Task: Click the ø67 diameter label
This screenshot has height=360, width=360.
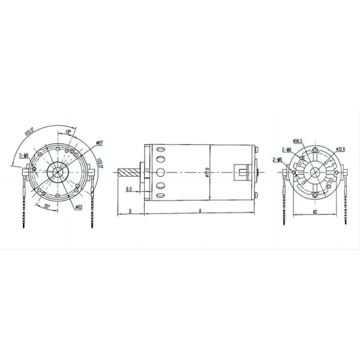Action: point(100,143)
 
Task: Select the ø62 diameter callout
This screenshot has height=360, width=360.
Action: point(79,207)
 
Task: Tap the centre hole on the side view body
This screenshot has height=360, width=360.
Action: point(161,173)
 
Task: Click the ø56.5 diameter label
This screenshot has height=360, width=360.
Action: point(298,141)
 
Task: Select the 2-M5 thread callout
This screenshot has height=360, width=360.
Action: point(280,160)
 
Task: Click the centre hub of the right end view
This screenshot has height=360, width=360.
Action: point(314,173)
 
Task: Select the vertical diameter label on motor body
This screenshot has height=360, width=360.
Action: point(207,173)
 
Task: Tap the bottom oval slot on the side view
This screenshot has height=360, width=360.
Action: point(161,194)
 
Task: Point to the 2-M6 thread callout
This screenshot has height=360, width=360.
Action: point(286,150)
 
